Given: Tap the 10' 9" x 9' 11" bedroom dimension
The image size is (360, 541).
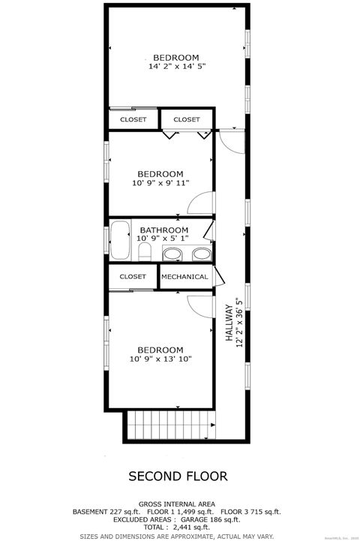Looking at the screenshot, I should pos(160,182).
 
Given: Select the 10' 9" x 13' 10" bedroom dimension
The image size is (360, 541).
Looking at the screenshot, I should pos(160,359).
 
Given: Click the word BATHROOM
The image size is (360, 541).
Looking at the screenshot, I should pos(163,230).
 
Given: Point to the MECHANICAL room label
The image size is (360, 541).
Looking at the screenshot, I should pos(184,276).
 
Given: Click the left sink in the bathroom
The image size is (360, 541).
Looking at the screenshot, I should pos(172,254).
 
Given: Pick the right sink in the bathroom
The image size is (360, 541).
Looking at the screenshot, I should pos(200,254).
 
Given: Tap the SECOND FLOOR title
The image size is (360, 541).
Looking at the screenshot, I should pos(178,476).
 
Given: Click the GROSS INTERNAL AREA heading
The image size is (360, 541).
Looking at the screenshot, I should pos(178,503).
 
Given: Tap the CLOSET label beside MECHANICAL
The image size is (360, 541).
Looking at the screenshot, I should pos(133,276).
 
